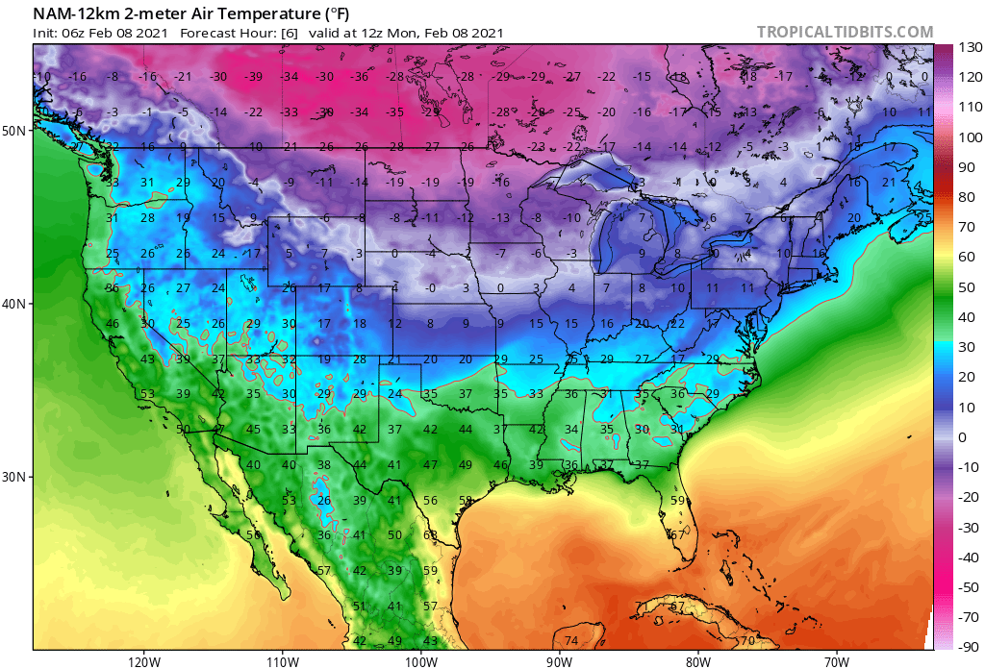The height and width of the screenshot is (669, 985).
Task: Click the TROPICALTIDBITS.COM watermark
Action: pyautogui.click(x=845, y=32)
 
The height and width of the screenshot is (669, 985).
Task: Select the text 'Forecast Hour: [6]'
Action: pyautogui.click(x=239, y=33)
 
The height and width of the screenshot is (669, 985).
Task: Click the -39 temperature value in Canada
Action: pyautogui.click(x=254, y=77)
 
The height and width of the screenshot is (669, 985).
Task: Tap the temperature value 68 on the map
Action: pyautogui.click(x=430, y=535)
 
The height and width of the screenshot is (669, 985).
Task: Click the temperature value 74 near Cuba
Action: pyautogui.click(x=571, y=641)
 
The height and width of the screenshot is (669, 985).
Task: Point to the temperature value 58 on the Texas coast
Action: pyautogui.click(x=466, y=501)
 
